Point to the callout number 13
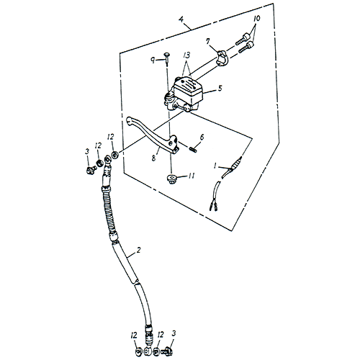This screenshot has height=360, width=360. coord(186,54)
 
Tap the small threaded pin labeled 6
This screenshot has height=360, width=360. coord(193,150)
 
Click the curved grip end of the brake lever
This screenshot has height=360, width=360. coord(132,123)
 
